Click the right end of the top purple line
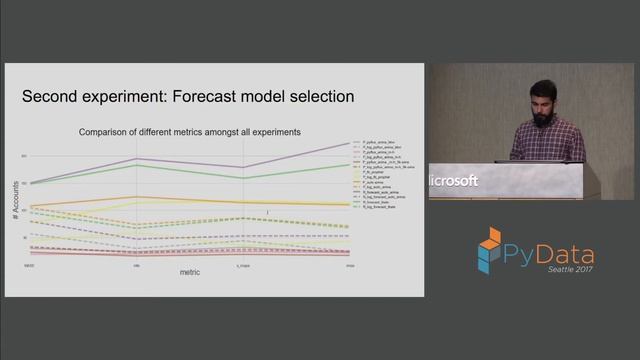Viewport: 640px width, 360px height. point(349,143)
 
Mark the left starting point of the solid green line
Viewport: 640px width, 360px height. point(30,184)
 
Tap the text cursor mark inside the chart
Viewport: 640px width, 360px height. point(268,212)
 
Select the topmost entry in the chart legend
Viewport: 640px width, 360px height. point(375,143)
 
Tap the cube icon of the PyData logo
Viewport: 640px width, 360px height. point(489,251)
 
